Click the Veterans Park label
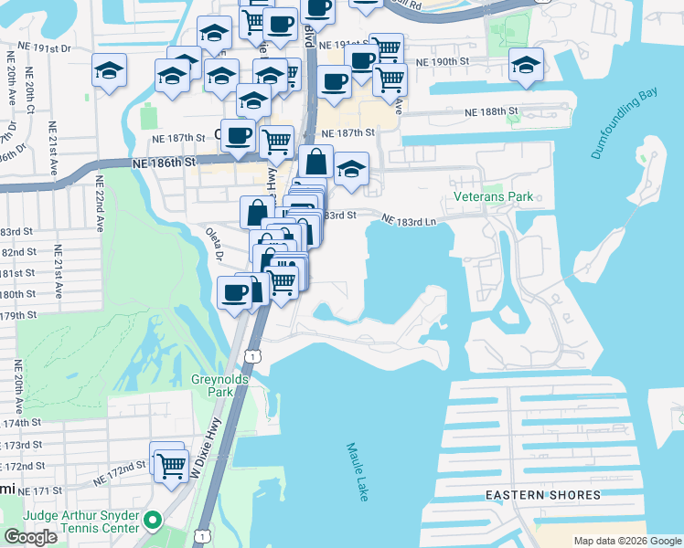pos(493,196)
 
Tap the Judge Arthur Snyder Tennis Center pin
pos(153,522)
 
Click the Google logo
pos(30,537)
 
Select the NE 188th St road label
pos(491,111)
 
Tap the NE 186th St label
pos(165,162)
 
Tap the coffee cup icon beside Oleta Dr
pos(235,292)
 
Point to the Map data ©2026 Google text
pos(627,541)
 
